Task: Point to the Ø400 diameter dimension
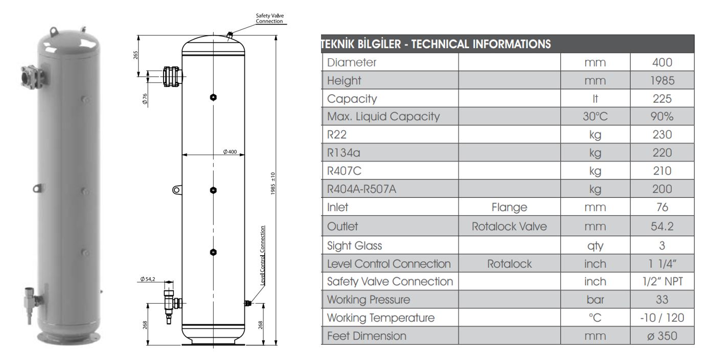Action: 230,152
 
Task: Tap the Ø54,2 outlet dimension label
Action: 148,279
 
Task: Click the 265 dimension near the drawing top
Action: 136,55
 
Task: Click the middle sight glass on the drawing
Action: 213,190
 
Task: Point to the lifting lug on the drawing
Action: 176,190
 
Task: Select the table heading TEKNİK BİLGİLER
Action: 363,43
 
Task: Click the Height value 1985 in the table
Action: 662,80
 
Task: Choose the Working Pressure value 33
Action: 662,300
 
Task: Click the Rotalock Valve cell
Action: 509,227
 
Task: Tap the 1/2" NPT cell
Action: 662,281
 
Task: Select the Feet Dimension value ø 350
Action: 662,336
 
